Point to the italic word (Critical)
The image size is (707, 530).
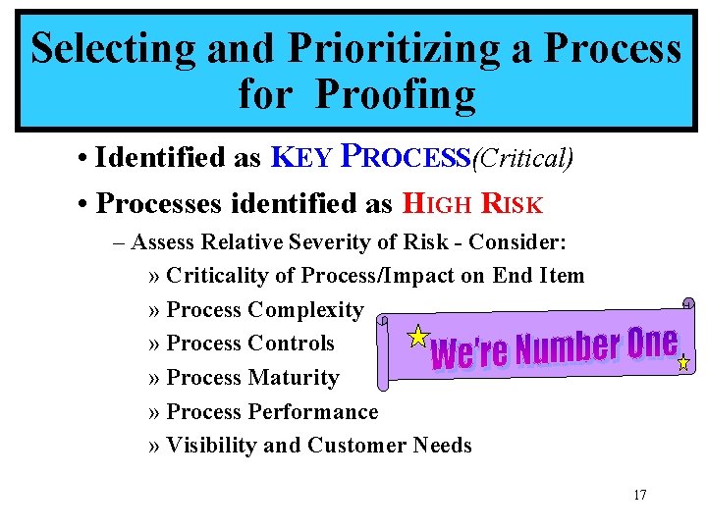(x=522, y=157)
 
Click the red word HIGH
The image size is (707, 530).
(x=437, y=203)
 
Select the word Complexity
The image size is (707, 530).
(x=305, y=310)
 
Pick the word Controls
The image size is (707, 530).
(x=291, y=344)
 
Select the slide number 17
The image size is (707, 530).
(x=639, y=495)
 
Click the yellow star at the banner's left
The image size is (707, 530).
(x=418, y=338)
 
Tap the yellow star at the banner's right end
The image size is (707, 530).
(x=683, y=362)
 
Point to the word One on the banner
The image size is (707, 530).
(x=651, y=342)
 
